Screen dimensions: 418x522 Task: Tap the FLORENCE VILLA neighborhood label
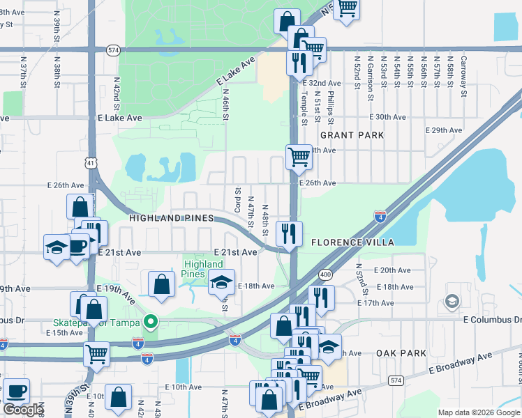352,242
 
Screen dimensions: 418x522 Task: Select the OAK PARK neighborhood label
401,353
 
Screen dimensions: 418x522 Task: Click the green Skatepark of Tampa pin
149,322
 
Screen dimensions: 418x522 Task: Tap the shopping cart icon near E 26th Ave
299,157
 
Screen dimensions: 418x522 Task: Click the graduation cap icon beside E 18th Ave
221,282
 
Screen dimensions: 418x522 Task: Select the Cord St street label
237,199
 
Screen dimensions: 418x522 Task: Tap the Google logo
23,410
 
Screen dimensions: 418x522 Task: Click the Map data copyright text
478,412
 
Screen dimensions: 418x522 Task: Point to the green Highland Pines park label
204,269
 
